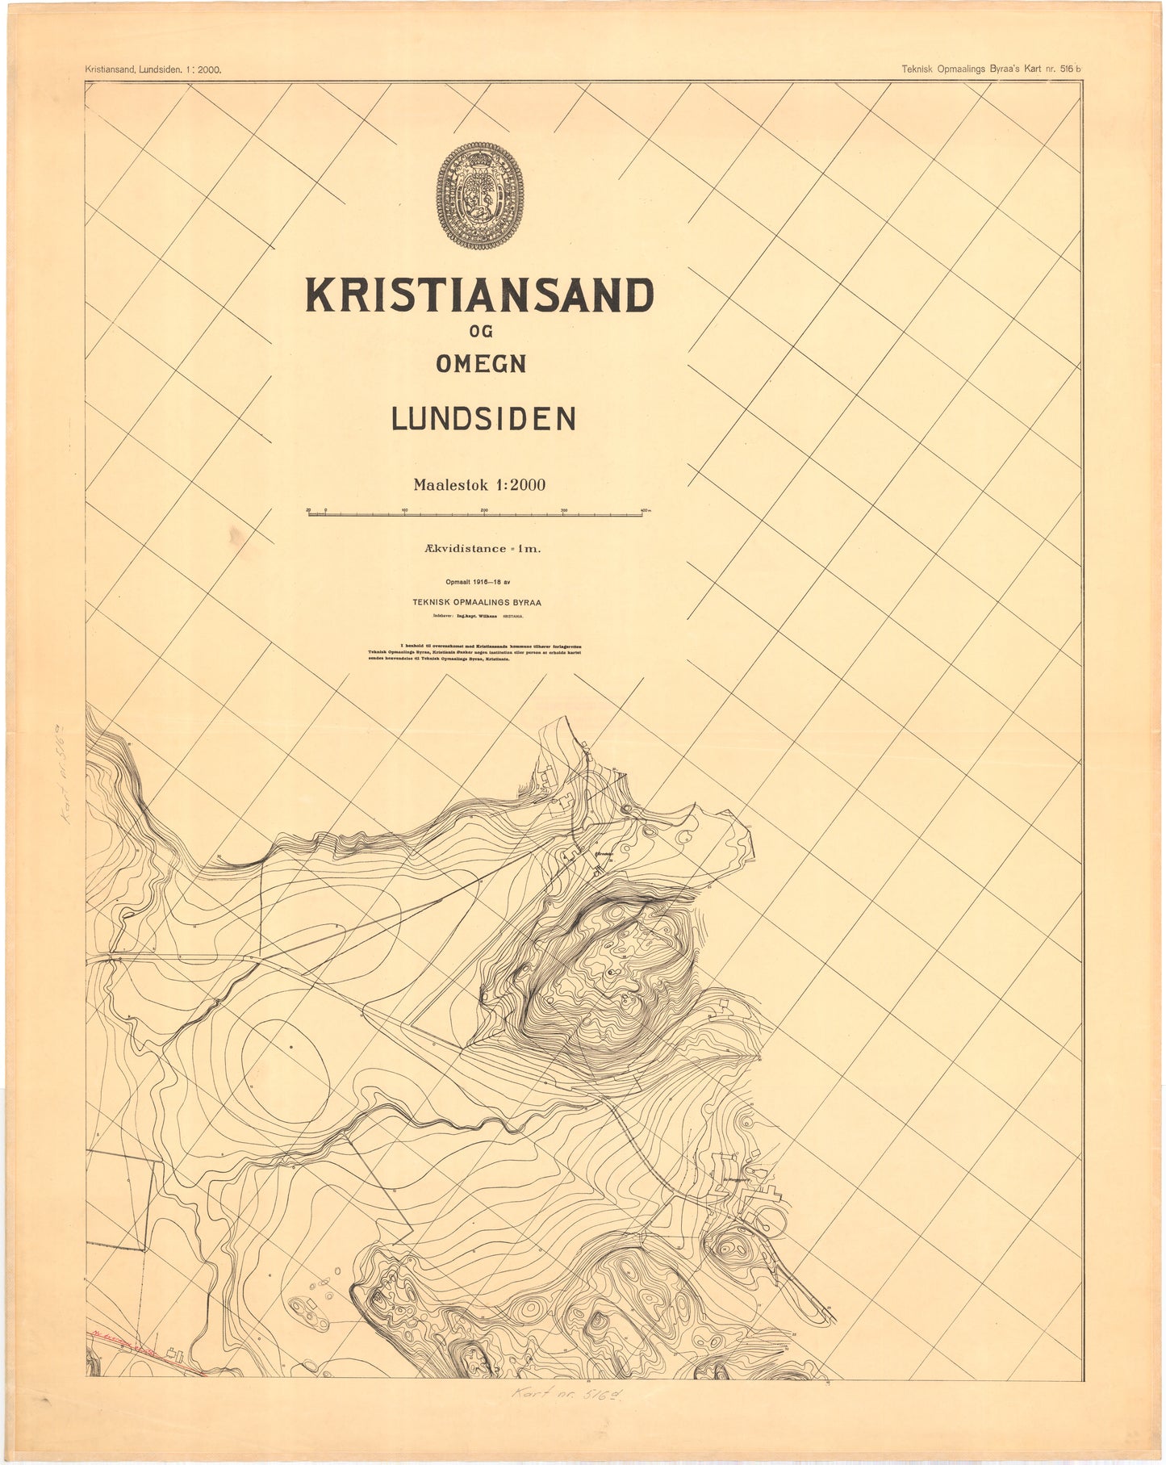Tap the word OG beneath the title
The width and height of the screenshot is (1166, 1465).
pos(480,331)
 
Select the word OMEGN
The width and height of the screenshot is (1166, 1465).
pos(481,364)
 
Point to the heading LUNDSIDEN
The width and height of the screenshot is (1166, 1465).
pos(483,419)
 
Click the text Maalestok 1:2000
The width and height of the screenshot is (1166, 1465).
pos(479,485)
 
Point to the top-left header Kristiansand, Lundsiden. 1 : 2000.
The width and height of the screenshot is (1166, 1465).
pos(153,69)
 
